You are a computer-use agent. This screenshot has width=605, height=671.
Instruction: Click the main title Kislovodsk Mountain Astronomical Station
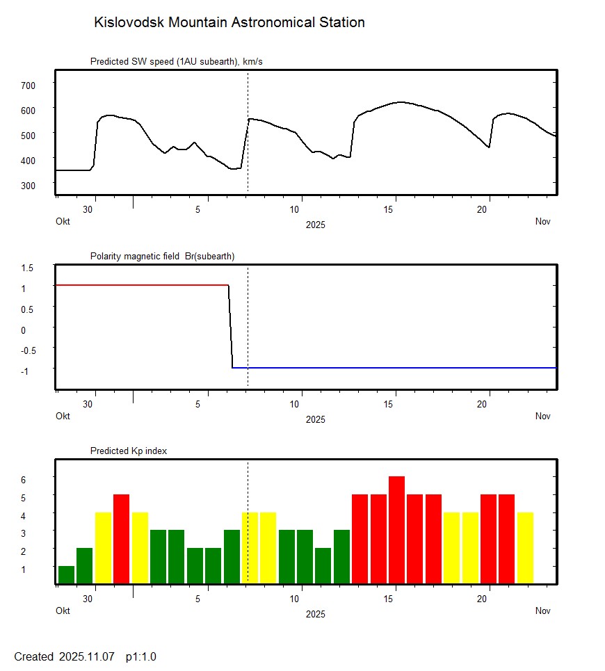point(229,22)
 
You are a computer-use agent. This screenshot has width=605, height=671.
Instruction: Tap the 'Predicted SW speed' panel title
point(176,62)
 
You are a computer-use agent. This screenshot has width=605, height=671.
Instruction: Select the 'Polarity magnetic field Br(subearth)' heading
point(162,257)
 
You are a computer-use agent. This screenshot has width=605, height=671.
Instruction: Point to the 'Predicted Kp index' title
point(129,451)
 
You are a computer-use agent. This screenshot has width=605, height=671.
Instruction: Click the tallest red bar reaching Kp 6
point(396,530)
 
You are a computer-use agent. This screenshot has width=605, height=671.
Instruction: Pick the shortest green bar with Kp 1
point(66,575)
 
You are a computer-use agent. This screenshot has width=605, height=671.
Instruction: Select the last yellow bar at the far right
point(525,548)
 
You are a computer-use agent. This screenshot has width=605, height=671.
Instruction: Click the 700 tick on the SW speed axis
point(28,85)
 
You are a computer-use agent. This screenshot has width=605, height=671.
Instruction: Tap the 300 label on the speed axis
point(28,185)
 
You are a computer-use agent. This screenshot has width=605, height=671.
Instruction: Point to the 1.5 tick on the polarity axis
point(28,268)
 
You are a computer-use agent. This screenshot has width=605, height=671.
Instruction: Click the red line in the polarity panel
point(139,285)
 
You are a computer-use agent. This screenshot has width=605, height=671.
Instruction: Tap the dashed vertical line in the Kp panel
point(248,487)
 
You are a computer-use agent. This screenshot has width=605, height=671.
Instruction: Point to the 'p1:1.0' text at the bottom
point(141,657)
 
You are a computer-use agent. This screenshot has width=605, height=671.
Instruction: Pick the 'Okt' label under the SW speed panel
point(63,222)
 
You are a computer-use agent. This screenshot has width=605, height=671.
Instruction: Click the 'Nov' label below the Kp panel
point(543,611)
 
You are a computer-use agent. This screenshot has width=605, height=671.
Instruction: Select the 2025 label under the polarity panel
point(315,419)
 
